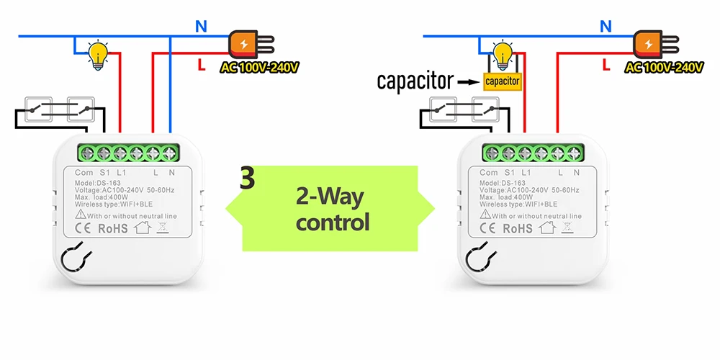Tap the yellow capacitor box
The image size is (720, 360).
[503, 82]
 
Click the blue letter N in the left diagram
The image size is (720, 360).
[201, 27]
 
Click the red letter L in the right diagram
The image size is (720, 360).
[606, 66]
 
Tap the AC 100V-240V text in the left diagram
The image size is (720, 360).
[259, 68]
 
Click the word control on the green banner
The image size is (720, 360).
[333, 222]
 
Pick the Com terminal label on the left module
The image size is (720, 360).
[84, 173]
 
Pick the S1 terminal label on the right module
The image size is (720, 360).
[509, 173]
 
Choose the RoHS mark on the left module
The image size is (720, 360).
[113, 228]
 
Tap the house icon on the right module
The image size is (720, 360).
[547, 227]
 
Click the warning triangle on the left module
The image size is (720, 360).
[81, 214]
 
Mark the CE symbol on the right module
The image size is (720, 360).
[487, 228]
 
